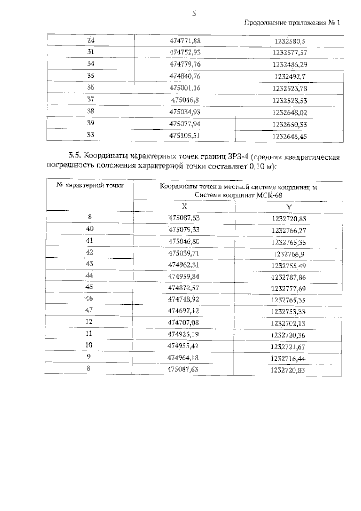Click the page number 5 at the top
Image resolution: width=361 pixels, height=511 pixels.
(x=194, y=13)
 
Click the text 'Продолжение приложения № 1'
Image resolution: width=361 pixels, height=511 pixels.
(x=292, y=23)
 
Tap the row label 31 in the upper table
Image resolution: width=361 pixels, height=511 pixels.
(x=91, y=52)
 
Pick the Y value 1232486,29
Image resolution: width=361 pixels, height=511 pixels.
(x=290, y=65)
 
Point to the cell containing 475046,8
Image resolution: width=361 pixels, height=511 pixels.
(x=185, y=100)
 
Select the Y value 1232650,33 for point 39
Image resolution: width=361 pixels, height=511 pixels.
(x=290, y=124)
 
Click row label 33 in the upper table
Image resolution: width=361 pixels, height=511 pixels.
(x=91, y=135)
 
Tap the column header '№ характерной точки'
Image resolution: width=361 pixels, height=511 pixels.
(x=90, y=186)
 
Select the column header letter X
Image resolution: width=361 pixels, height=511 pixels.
(x=184, y=206)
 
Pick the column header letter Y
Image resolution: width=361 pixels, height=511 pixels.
(x=289, y=207)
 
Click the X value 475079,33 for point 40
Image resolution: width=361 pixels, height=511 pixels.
(x=184, y=230)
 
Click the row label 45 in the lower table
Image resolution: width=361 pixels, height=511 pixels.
(x=89, y=287)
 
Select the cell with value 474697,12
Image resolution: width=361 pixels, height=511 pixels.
(x=183, y=311)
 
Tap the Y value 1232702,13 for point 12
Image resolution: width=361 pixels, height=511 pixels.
(x=288, y=324)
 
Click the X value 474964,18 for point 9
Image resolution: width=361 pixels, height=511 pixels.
(x=183, y=358)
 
